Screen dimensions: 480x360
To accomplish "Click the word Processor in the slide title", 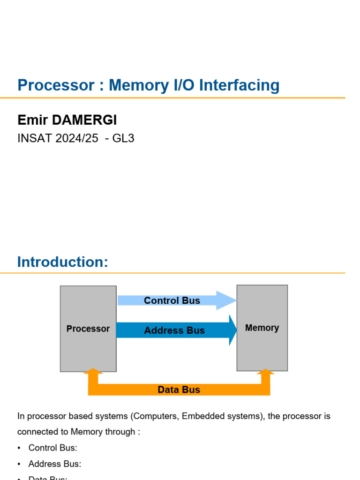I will point(56,85).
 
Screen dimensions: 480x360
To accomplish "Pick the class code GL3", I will point(124,139).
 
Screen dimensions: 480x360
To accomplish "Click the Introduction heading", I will point(62,262).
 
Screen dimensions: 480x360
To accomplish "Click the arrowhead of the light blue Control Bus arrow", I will point(226,300).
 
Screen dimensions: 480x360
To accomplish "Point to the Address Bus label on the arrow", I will point(174,330).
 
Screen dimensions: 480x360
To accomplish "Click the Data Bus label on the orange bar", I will point(179,390).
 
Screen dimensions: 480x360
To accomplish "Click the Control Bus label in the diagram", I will point(172,300).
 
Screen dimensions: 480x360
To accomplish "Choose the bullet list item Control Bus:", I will point(52,448).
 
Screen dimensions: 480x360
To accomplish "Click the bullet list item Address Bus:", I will point(54,464).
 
